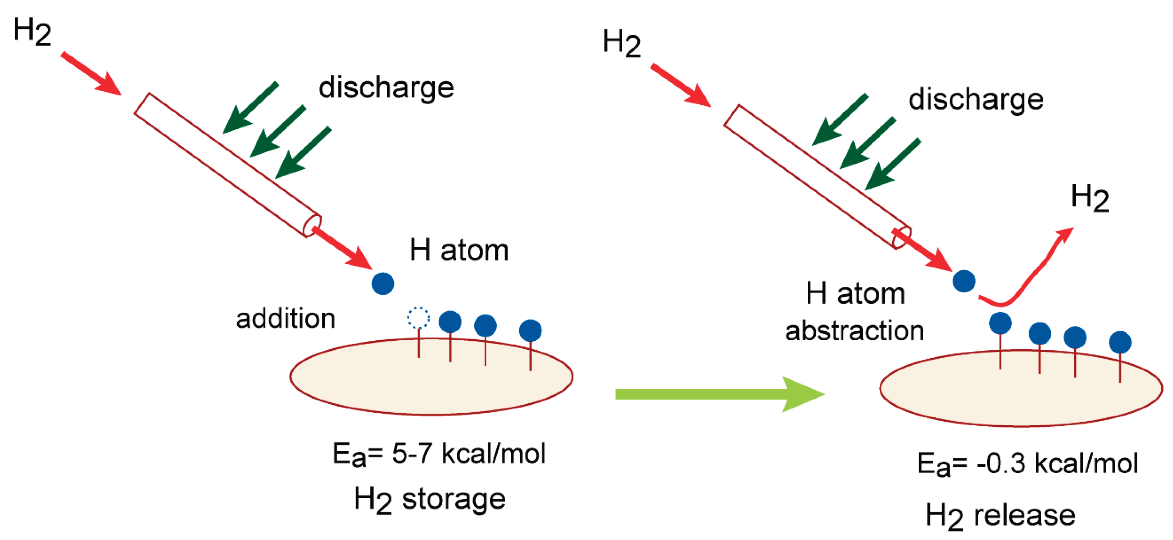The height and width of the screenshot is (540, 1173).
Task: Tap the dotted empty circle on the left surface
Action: [x=418, y=318]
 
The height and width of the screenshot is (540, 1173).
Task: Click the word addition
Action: [x=285, y=319]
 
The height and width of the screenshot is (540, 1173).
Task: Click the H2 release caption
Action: [x=1000, y=516]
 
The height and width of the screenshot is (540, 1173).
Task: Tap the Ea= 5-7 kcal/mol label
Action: [x=439, y=454]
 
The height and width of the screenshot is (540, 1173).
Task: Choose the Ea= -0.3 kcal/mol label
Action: [x=1027, y=464]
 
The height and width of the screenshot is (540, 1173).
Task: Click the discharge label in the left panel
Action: [x=386, y=87]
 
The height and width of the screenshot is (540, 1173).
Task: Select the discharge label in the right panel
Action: [x=976, y=99]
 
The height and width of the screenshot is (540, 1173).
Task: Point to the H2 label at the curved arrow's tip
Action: [x=1090, y=198]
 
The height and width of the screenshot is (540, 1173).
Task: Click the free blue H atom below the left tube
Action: [x=383, y=283]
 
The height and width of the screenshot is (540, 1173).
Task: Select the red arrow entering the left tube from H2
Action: [x=91, y=73]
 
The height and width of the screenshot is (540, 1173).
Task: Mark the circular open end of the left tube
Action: [x=312, y=226]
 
